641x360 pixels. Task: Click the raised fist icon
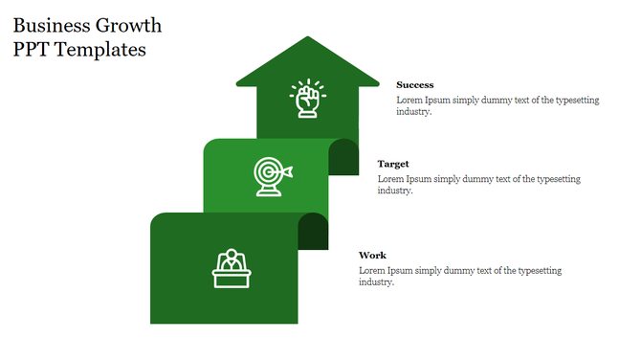[x=307, y=98]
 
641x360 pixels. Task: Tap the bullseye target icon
[x=272, y=175]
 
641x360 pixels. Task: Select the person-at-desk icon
[x=231, y=268]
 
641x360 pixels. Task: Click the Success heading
[x=414, y=85]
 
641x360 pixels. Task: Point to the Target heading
[x=392, y=165]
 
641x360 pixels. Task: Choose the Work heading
[x=372, y=256]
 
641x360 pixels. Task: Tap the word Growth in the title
[x=129, y=25]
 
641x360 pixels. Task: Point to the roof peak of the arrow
[x=307, y=40]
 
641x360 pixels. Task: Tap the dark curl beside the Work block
[x=313, y=231]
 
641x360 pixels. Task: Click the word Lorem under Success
[x=409, y=100]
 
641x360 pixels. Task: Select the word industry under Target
[x=393, y=191]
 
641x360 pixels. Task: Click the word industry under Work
[x=376, y=282]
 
